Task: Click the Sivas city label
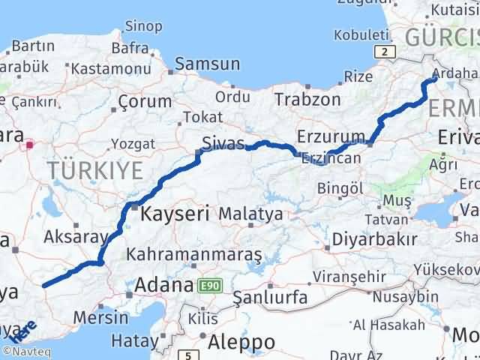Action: pos(223,143)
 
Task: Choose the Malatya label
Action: pos(250,214)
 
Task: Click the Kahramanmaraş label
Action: pos(194,255)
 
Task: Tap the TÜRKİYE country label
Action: pos(95,171)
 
